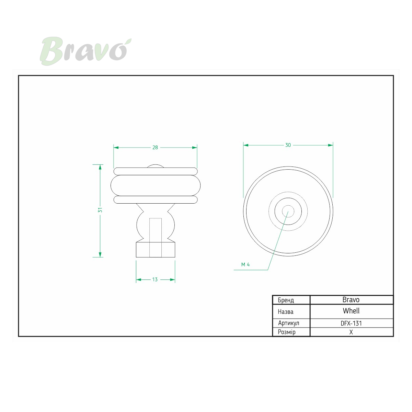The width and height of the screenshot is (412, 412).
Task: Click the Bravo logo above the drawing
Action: click(x=85, y=51)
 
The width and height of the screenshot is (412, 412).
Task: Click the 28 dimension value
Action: click(x=155, y=148)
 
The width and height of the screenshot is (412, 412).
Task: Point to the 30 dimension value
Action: click(x=288, y=145)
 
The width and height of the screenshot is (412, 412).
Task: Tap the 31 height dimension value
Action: click(x=100, y=210)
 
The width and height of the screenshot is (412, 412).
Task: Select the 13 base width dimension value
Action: click(x=155, y=279)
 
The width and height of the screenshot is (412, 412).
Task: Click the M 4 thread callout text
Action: click(x=245, y=265)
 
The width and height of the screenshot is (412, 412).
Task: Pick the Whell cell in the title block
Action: click(x=351, y=311)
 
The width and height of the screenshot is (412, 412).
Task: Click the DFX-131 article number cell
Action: click(x=351, y=323)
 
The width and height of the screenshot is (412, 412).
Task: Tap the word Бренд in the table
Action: click(x=286, y=300)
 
